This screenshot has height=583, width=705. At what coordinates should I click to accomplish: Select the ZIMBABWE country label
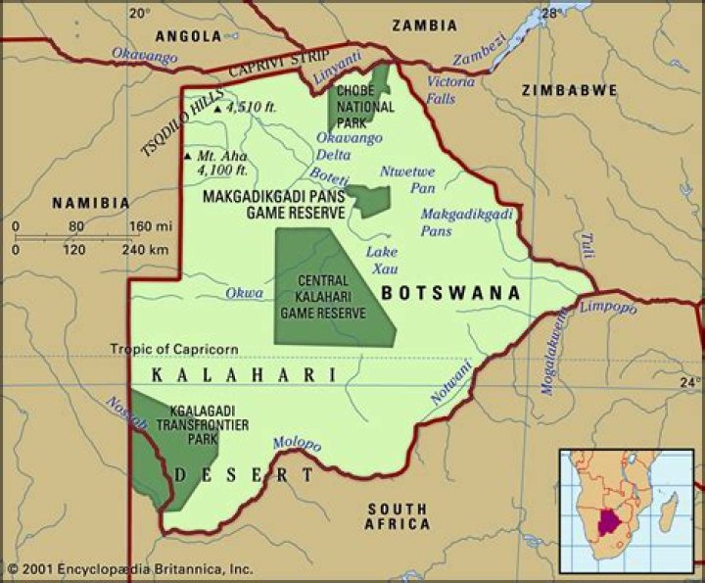point(570,89)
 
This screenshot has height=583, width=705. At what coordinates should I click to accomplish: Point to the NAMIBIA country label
point(90,203)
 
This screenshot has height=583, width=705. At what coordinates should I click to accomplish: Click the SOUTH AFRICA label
point(398,516)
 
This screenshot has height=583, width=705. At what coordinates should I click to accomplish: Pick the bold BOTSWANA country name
point(449,292)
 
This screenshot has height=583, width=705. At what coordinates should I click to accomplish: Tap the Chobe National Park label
point(365,107)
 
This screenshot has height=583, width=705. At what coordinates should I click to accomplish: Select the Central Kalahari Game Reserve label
point(322,297)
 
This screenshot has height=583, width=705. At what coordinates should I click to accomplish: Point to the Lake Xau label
point(381,259)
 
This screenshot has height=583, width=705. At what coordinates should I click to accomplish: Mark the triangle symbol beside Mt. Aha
point(186,156)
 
